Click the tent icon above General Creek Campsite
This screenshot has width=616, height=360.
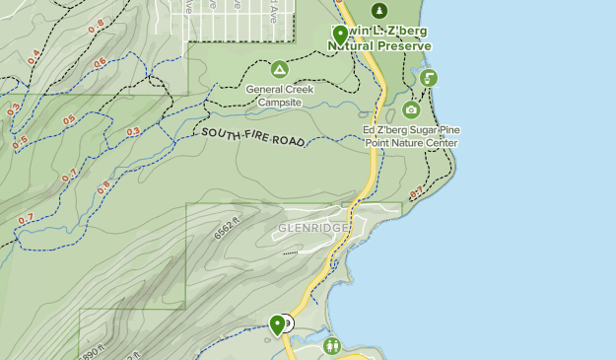[279, 69]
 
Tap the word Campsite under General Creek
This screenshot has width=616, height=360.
[279, 102]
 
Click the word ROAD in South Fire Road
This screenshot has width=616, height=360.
[290, 141]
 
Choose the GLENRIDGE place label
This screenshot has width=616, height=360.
[312, 228]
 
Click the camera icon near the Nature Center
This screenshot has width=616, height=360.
[411, 109]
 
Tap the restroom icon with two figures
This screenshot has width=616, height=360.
[332, 345]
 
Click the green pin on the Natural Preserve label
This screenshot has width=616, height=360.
[340, 35]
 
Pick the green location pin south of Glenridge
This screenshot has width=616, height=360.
[277, 323]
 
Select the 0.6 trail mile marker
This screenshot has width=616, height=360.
[100, 64]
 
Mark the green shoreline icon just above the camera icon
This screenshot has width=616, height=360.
[428, 78]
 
